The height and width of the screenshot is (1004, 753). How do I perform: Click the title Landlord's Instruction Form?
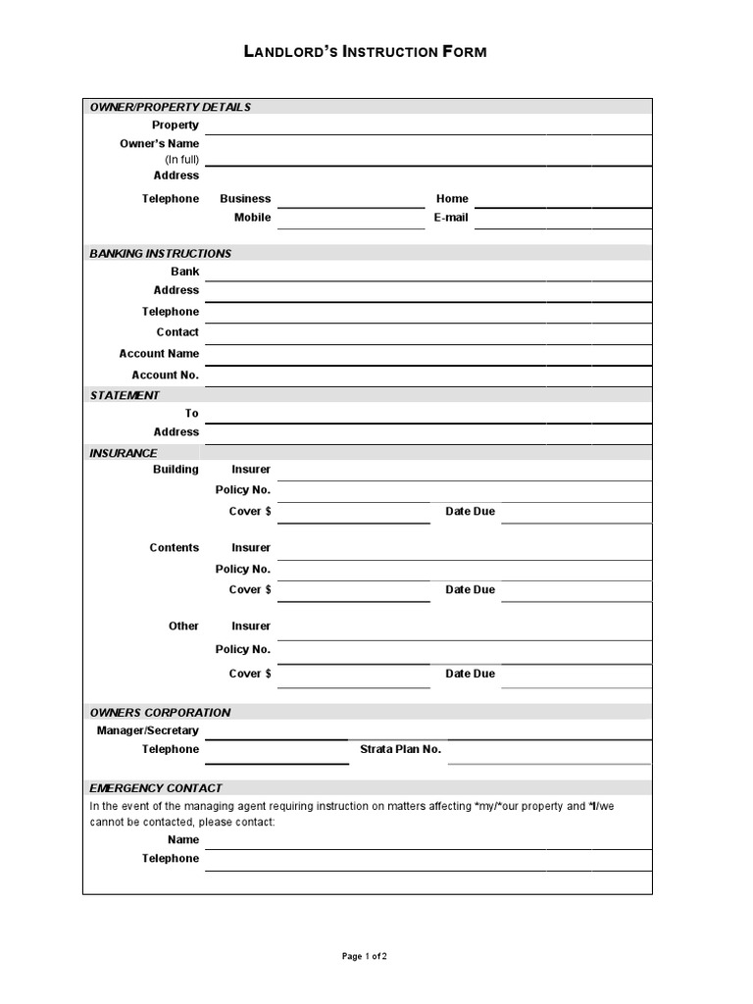click(x=365, y=52)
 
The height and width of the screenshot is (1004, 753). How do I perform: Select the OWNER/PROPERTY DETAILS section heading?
click(x=170, y=107)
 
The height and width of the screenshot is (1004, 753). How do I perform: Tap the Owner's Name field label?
click(x=159, y=143)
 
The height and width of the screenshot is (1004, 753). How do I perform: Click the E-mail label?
click(x=451, y=218)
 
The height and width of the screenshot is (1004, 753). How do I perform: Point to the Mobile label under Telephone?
click(x=252, y=218)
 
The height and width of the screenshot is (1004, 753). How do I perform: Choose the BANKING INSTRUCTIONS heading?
click(x=160, y=253)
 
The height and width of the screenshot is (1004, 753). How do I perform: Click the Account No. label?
click(x=165, y=375)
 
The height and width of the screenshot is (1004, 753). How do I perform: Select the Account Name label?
click(x=159, y=353)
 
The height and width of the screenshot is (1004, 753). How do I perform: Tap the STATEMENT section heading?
click(x=125, y=395)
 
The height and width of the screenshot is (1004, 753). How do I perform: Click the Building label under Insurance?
click(x=176, y=470)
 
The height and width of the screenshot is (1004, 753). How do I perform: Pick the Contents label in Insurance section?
click(x=174, y=548)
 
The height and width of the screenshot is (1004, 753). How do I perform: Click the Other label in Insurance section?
click(x=183, y=626)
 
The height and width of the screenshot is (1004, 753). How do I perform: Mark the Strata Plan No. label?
click(x=400, y=749)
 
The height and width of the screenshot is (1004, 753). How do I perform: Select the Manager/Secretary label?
click(x=147, y=730)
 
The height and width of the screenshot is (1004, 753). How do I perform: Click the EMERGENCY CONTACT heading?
click(x=156, y=787)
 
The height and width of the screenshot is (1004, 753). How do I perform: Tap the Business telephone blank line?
click(x=350, y=201)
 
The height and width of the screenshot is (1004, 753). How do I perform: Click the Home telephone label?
click(x=452, y=198)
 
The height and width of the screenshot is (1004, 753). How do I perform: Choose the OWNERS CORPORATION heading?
click(x=160, y=712)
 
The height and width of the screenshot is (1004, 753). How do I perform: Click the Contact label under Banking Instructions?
click(x=177, y=332)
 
